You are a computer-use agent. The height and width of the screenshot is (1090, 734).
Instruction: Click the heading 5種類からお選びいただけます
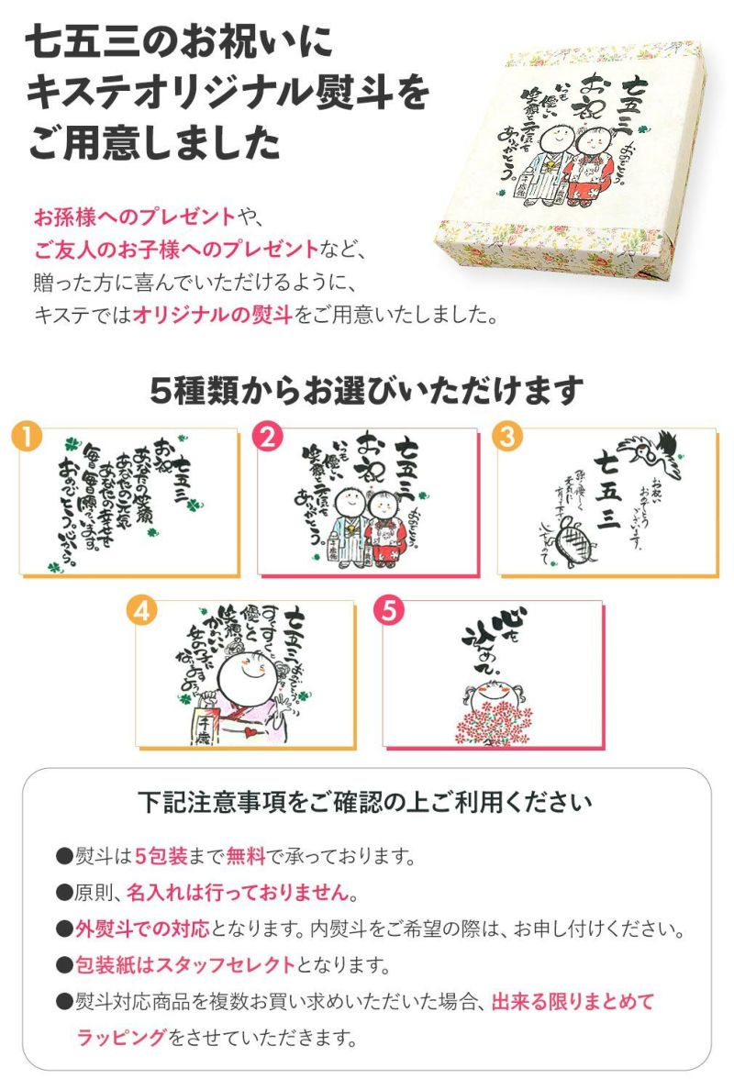point(366,391)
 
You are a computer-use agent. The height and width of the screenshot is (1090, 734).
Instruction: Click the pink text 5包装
point(161,857)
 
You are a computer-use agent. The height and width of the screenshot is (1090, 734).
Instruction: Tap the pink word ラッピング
point(121,1037)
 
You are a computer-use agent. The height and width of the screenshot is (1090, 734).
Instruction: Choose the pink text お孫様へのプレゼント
point(133,217)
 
